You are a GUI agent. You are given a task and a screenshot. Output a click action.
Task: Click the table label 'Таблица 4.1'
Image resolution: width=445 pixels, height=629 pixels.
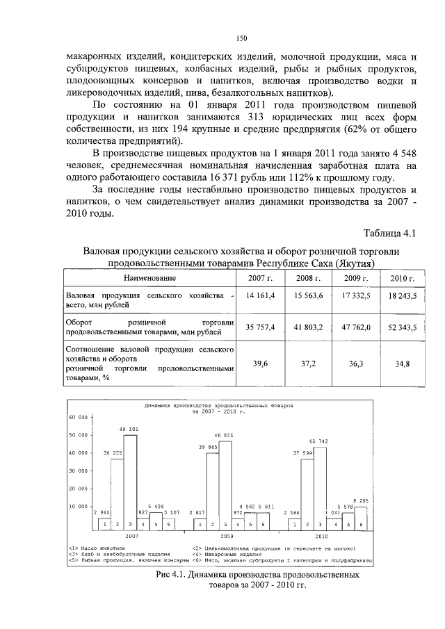(x=389, y=232)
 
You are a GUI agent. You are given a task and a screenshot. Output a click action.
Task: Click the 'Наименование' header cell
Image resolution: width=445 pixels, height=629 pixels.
(x=150, y=279)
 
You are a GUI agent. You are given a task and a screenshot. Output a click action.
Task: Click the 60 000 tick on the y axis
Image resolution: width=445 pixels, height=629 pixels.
(x=76, y=418)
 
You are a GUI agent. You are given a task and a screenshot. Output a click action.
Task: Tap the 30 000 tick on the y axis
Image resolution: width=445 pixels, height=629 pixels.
(x=76, y=471)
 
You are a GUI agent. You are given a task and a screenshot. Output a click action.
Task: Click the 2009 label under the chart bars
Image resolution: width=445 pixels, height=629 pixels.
(x=227, y=537)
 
